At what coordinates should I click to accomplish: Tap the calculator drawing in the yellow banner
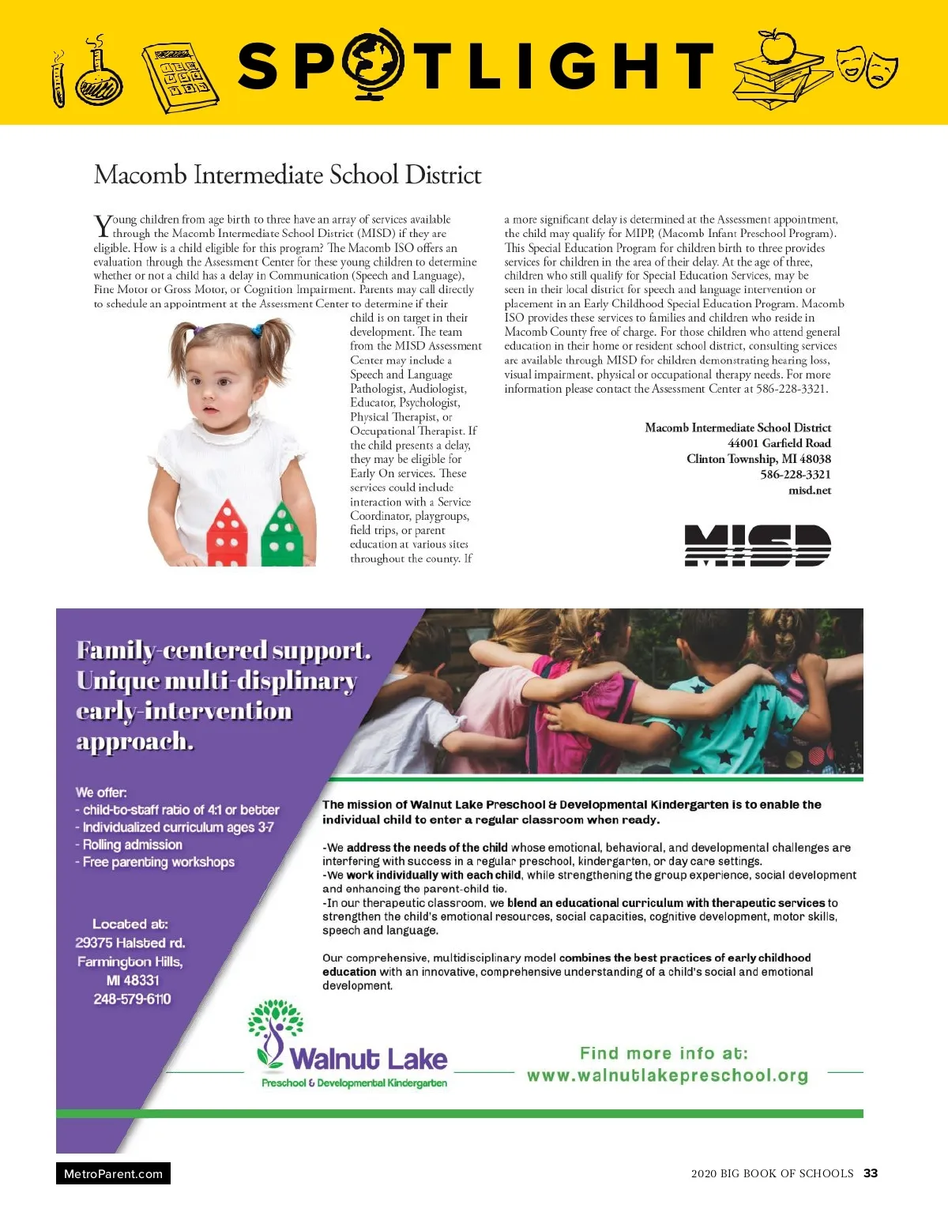coord(179,77)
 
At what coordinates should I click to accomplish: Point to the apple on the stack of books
coord(778,45)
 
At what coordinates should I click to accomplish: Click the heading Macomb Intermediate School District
coord(288,175)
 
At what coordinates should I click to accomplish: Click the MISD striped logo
coord(757,545)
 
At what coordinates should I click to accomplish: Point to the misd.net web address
coord(810,491)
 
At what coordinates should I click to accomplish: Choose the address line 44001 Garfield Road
coord(779,443)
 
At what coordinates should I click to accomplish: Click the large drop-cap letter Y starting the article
coord(103,226)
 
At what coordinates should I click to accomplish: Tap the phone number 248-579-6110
coord(132,999)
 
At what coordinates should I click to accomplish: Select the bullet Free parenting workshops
coord(156,862)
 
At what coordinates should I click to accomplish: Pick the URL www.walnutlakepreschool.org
coord(668,1075)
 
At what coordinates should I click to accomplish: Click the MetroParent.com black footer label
coord(113,1173)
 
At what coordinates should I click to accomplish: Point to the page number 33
coord(871,1173)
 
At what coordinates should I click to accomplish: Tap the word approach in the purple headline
coord(134,741)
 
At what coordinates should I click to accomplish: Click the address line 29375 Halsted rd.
coord(130,943)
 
